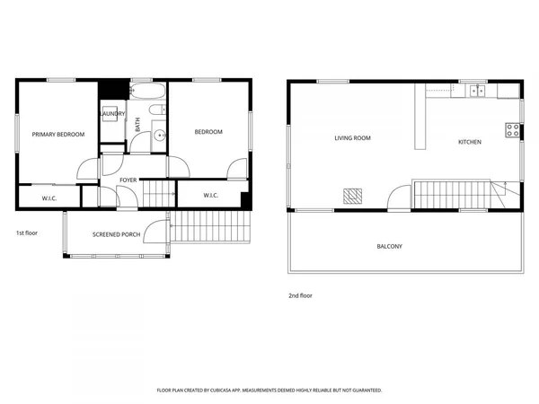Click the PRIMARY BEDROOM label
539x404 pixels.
(x=58, y=135)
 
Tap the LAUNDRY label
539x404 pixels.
(x=112, y=115)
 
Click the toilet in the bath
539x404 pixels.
(x=156, y=111)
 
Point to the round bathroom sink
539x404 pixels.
(x=158, y=136)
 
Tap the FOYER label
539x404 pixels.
(x=128, y=180)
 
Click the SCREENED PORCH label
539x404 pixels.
(x=116, y=235)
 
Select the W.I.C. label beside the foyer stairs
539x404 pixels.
(x=211, y=196)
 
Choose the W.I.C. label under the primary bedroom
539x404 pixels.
(x=50, y=198)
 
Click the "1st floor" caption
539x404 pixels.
(x=27, y=233)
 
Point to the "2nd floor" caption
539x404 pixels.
(x=300, y=295)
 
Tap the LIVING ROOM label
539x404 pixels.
(x=352, y=138)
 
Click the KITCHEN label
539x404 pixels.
(x=469, y=142)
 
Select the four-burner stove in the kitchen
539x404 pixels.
(x=513, y=130)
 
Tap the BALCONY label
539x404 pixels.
(x=389, y=246)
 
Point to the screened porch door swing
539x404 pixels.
(x=158, y=232)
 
